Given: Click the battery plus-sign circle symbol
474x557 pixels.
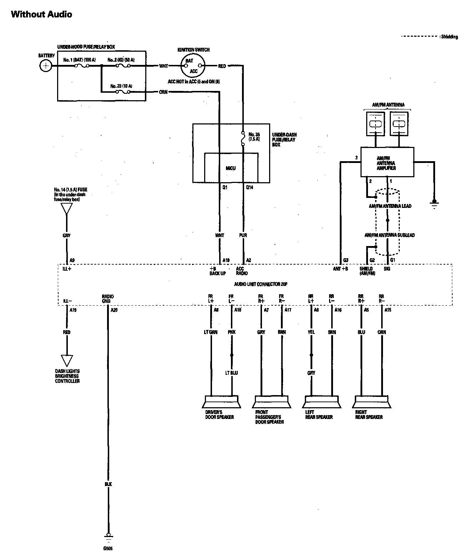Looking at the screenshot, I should pos(45,66).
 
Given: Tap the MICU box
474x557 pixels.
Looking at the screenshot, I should pos(231,168).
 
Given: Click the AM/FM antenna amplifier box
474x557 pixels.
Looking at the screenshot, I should pos(387,162).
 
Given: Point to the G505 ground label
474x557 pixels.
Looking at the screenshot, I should pos(108,548).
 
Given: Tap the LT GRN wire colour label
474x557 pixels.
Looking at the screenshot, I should pos(211,332).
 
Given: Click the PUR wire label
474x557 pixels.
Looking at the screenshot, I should pos(243,235).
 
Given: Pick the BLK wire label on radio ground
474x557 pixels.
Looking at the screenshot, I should pos(108,484).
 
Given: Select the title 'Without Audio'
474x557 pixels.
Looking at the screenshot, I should pos(42,14).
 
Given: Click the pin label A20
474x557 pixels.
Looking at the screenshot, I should pos(114,310).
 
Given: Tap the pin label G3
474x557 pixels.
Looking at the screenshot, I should pos(345,260).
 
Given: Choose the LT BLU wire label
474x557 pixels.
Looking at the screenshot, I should pos(231,373).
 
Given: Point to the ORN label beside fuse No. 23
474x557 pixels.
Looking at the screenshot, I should pos(163,92).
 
